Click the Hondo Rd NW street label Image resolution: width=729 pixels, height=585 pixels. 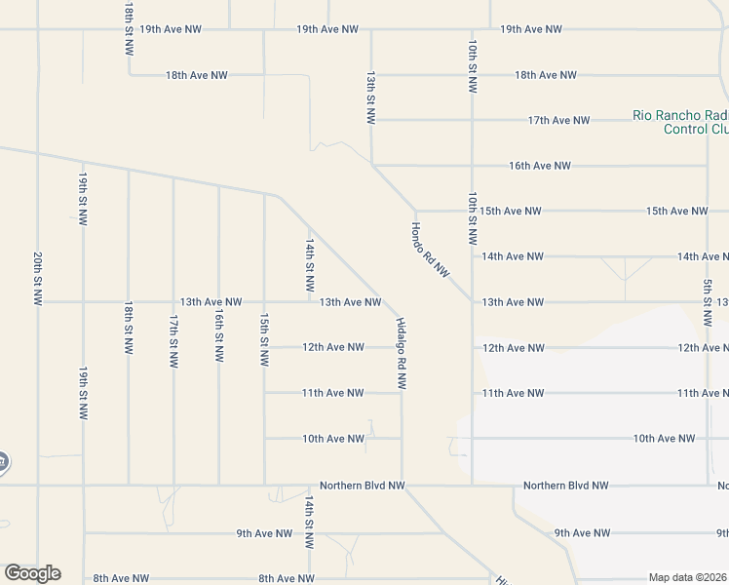coord(430,251)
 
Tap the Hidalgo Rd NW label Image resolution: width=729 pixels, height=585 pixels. coord(401,354)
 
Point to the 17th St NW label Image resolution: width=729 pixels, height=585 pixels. coord(173,340)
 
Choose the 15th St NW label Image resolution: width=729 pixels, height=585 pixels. coord(264,340)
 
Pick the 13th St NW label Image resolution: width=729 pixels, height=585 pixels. coord(370,97)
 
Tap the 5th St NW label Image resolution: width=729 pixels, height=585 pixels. coord(708,303)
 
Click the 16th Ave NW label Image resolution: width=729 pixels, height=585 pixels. coord(540,166)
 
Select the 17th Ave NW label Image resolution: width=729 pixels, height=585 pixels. coord(558,120)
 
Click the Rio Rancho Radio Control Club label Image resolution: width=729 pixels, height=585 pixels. coord(680,122)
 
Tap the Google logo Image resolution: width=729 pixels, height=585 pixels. coord(32,573)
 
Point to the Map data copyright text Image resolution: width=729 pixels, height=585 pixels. coord(688,577)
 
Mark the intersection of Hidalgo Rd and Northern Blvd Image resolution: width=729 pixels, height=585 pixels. coord(402,485)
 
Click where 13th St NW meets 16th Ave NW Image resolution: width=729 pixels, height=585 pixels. coord(371,165)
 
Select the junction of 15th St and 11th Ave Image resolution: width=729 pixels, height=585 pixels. coord(264,393)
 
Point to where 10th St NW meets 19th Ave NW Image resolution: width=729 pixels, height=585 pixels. coord(472,29)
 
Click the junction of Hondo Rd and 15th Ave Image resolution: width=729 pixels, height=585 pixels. coord(416,211)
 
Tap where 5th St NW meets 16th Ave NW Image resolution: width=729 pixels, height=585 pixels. coord(708,166)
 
